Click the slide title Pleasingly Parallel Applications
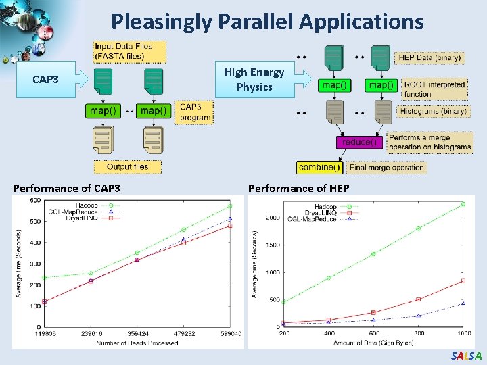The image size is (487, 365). pyautogui.click(x=267, y=22)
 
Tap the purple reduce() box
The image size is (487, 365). pyautogui.click(x=361, y=142)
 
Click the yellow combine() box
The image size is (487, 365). pyautogui.click(x=319, y=167)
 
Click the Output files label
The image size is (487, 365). pyautogui.click(x=127, y=166)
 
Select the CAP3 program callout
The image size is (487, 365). pyautogui.click(x=194, y=112)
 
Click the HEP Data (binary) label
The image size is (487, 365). pyautogui.click(x=430, y=58)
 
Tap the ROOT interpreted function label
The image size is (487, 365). pyautogui.click(x=434, y=89)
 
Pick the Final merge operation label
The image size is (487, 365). pyautogui.click(x=386, y=167)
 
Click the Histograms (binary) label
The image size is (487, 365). pyautogui.click(x=433, y=111)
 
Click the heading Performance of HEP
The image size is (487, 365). pyautogui.click(x=289, y=188)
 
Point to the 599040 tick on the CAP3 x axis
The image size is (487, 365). pyautogui.click(x=231, y=333)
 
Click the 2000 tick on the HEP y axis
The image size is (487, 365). pyautogui.click(x=272, y=218)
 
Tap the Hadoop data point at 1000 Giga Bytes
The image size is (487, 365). pyautogui.click(x=463, y=203)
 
